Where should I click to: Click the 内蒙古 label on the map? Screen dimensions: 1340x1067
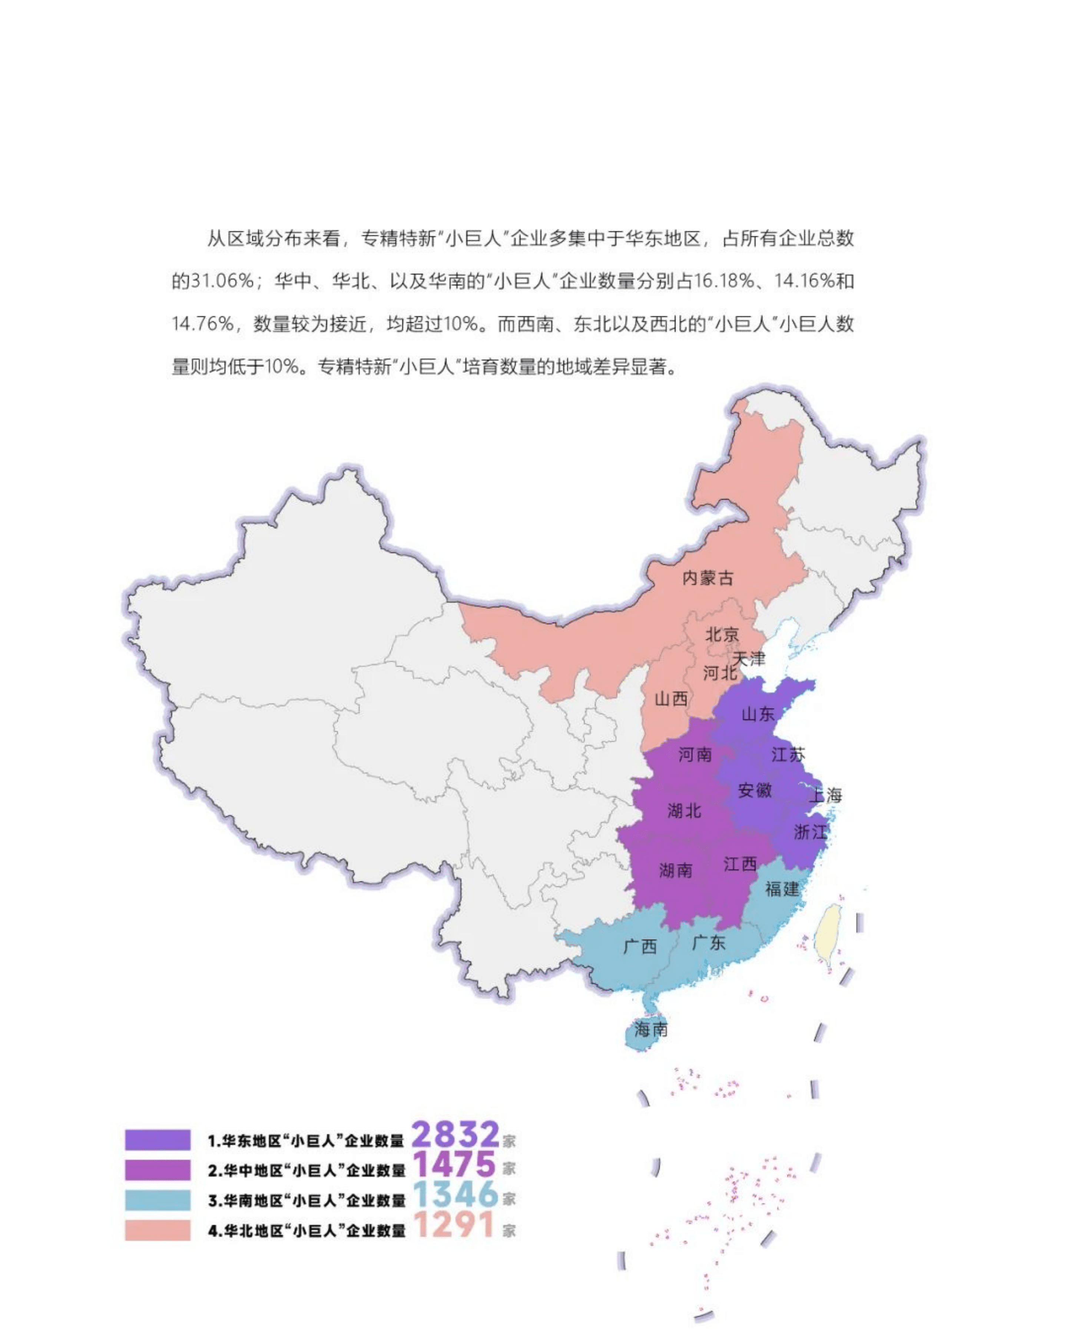[708, 578]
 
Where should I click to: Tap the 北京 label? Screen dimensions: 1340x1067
[722, 635]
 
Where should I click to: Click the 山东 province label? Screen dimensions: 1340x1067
[758, 714]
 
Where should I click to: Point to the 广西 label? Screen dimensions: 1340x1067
[640, 946]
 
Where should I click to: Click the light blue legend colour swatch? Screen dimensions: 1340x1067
[158, 1200]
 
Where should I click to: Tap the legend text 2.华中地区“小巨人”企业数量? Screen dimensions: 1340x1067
[306, 1171]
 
